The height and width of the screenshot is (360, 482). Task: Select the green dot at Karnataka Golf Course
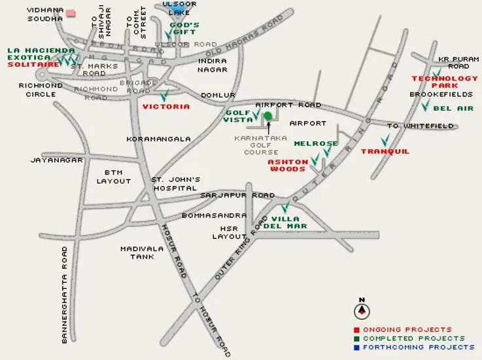pyautogui.click(x=267, y=116)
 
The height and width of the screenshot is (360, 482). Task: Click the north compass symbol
pyautogui.click(x=361, y=310)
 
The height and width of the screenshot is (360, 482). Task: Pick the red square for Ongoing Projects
pyautogui.click(x=356, y=329)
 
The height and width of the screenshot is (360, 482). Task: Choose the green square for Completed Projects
pyautogui.click(x=356, y=338)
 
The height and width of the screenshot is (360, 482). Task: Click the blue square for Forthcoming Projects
pyautogui.click(x=356, y=348)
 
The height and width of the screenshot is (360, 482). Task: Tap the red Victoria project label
pyautogui.click(x=166, y=106)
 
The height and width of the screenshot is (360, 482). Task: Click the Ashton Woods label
pyautogui.click(x=288, y=165)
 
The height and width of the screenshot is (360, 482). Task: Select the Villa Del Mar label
pyautogui.click(x=284, y=222)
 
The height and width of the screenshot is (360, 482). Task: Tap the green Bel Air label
pyautogui.click(x=453, y=108)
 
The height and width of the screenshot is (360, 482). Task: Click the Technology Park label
pyautogui.click(x=444, y=82)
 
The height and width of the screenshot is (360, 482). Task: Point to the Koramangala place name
pyautogui.click(x=158, y=139)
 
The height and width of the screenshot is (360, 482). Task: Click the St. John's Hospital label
pyautogui.click(x=175, y=183)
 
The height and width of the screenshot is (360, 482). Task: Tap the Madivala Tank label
pyautogui.click(x=137, y=253)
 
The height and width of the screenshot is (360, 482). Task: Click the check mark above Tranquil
pyautogui.click(x=385, y=139)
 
